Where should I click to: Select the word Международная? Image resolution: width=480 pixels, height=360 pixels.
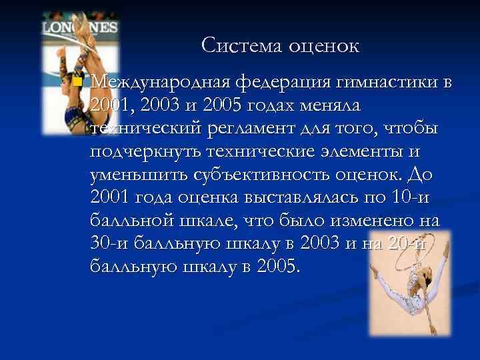click(159, 83)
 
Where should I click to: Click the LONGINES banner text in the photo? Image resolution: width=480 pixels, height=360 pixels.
click(81, 28)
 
